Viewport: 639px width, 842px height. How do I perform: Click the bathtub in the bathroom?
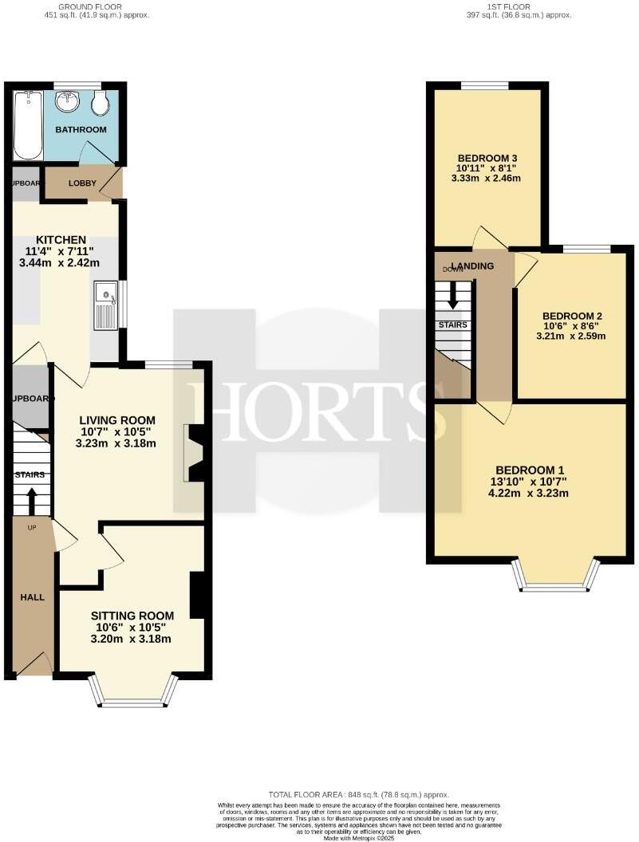[x=28, y=124]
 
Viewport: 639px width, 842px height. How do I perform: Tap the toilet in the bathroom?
[x=101, y=101]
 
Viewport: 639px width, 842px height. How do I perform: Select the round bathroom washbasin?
[x=67, y=100]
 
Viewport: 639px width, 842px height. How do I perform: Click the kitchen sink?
[x=105, y=305]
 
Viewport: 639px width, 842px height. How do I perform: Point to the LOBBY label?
[x=81, y=183]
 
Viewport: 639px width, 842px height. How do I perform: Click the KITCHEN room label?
[x=61, y=239]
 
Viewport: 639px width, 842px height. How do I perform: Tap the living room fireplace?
[x=194, y=453]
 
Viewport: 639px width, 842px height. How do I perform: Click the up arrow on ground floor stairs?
[x=32, y=502]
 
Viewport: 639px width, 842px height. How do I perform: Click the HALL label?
[x=32, y=596]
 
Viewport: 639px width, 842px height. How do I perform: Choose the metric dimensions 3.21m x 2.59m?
[x=571, y=336]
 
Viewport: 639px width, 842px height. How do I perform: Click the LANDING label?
[x=471, y=266]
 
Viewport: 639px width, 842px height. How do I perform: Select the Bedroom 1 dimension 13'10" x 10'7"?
[x=530, y=482]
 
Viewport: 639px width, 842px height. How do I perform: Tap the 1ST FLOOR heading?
[x=508, y=6]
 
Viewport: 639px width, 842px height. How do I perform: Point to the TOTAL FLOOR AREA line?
[x=358, y=795]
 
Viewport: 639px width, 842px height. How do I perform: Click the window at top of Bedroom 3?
[x=485, y=85]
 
